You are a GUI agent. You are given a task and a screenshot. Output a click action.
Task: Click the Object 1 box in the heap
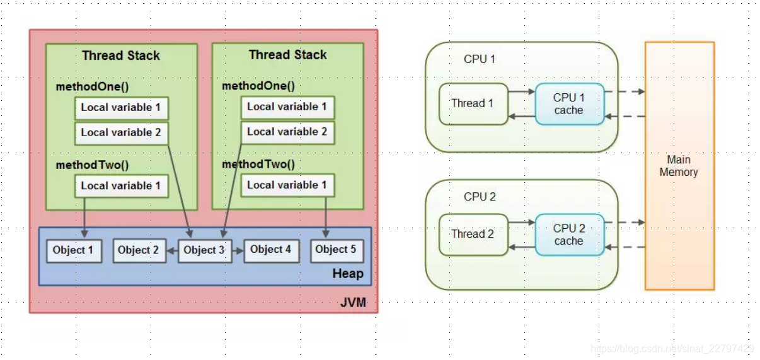[73, 250]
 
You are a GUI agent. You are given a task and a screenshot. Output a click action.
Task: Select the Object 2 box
[139, 250]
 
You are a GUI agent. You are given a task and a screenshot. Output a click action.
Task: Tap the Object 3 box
[204, 250]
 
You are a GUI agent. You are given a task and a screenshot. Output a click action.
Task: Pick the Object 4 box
[270, 250]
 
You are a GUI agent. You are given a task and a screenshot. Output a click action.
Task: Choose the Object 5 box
[336, 250]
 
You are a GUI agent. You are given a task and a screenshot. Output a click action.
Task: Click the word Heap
[347, 274]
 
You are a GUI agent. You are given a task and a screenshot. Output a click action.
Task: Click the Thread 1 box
[473, 103]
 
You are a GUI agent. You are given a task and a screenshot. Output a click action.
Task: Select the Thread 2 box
[473, 234]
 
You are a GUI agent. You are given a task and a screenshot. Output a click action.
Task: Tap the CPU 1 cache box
[569, 104]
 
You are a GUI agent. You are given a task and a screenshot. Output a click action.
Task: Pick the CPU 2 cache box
[569, 235]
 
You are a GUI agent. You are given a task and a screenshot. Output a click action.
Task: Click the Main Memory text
[679, 166]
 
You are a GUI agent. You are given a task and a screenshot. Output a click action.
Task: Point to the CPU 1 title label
[480, 59]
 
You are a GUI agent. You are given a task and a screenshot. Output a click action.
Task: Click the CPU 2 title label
[480, 197]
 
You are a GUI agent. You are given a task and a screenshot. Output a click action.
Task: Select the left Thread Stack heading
[121, 55]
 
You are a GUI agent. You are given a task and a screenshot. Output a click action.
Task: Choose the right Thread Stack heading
[287, 55]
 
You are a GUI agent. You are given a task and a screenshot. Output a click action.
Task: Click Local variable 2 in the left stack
[121, 132]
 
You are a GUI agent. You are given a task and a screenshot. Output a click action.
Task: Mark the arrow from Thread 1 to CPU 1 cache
[521, 91]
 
